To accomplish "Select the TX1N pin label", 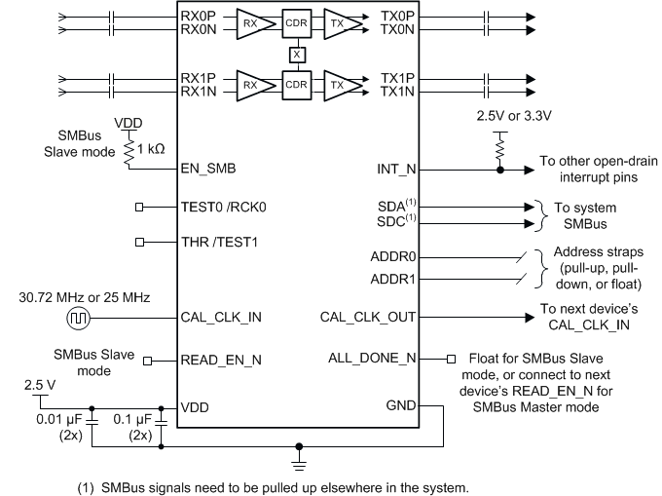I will coord(398,91).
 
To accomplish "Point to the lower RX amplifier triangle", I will coord(252,84).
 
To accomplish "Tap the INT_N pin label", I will coord(398,169).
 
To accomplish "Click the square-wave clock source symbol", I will coord(78,317).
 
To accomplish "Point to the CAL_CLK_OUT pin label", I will coord(369,316).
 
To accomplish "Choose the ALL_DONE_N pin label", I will coord(372,359).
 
